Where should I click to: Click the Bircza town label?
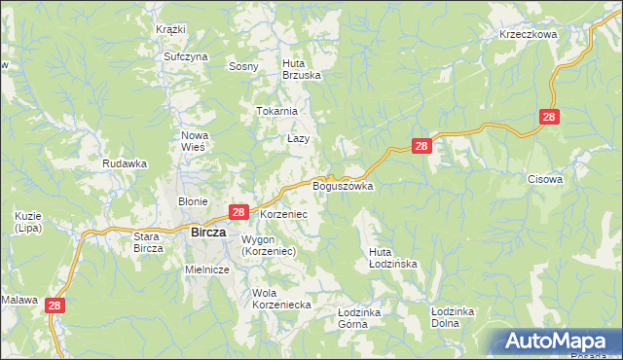(x=208, y=233)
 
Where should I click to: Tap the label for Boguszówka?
(x=343, y=185)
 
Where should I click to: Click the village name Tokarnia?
(x=276, y=111)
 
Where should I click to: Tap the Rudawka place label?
(x=125, y=163)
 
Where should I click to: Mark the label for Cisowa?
(x=545, y=179)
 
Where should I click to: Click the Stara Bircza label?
(x=151, y=242)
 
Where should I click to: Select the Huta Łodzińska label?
(x=392, y=258)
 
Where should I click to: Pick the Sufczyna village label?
(x=186, y=57)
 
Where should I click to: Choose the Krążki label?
(x=170, y=29)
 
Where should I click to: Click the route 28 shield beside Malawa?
(x=55, y=305)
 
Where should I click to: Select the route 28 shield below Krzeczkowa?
(x=549, y=117)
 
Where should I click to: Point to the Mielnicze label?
(x=206, y=270)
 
